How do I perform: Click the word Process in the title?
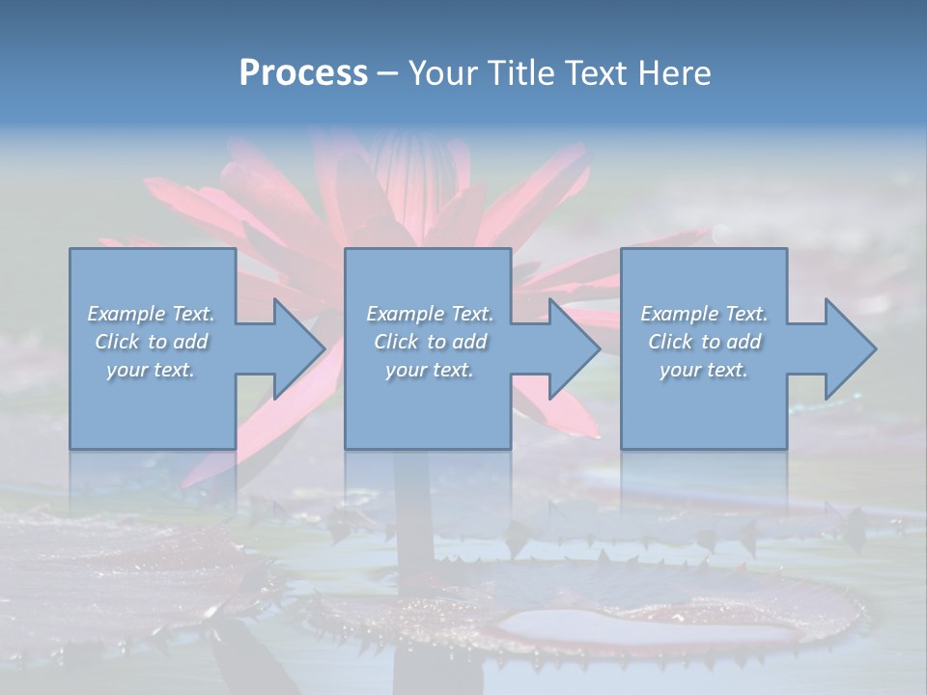(x=303, y=73)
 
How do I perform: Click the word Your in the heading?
(x=442, y=73)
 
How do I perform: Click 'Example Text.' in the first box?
(x=151, y=314)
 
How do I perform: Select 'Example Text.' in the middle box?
(x=429, y=314)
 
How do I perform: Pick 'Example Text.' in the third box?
(x=704, y=314)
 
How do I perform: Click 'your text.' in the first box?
(x=151, y=370)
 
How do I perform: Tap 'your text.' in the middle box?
(x=429, y=370)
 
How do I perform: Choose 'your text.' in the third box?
(x=704, y=370)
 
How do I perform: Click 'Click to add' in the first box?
(x=151, y=342)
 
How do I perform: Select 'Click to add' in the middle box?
(x=429, y=342)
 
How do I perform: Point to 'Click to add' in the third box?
(x=704, y=342)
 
